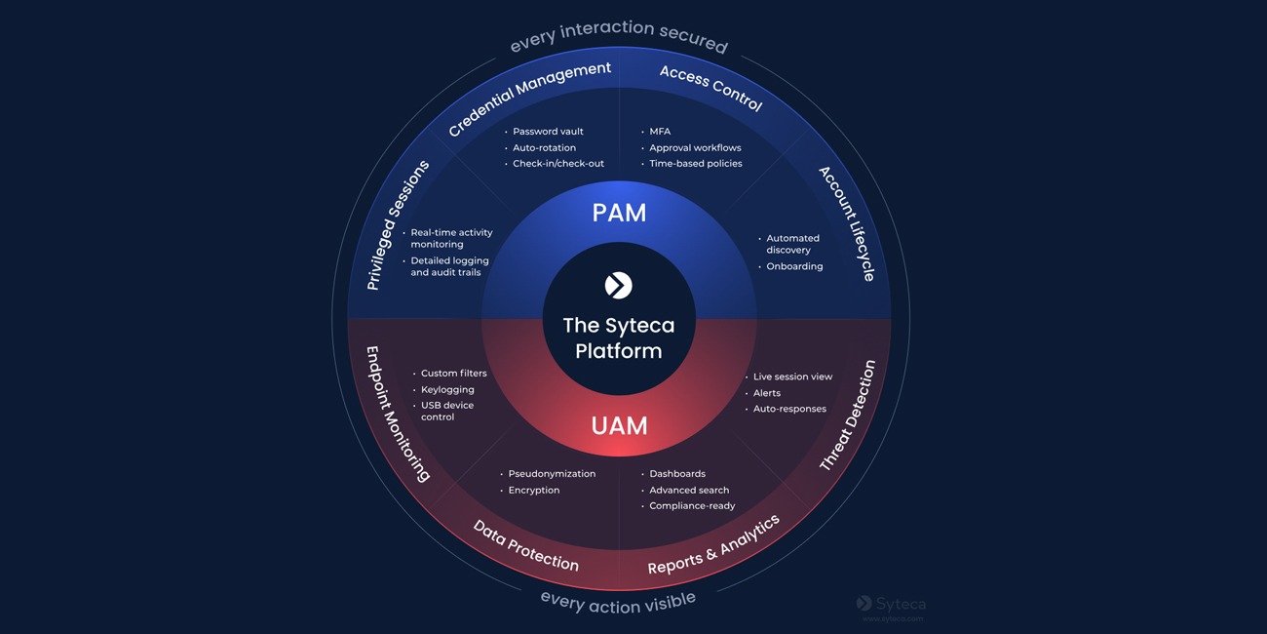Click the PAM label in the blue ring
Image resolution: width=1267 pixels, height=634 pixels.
(x=619, y=213)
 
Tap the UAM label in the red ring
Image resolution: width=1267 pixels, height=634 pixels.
(x=619, y=426)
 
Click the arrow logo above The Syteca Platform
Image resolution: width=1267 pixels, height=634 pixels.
(x=619, y=285)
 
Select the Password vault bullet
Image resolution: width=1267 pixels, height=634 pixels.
(x=548, y=132)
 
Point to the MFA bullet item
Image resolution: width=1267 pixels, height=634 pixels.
(x=660, y=132)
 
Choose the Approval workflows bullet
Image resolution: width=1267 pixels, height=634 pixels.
(x=695, y=148)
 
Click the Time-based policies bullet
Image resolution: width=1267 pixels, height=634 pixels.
(x=696, y=164)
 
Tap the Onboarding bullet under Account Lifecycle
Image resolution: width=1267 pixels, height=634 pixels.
(x=794, y=266)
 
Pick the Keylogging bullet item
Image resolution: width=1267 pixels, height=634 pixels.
(x=447, y=390)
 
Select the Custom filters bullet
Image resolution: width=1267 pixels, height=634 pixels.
(x=453, y=374)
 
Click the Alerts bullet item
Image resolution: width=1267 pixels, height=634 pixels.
(x=767, y=393)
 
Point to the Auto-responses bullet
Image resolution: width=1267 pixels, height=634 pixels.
(x=789, y=410)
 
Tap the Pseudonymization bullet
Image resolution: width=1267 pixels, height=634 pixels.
(x=552, y=474)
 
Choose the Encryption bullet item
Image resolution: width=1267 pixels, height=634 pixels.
(x=534, y=491)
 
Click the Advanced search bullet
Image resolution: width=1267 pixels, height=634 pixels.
(x=689, y=491)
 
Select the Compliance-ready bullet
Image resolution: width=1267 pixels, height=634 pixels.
(x=692, y=506)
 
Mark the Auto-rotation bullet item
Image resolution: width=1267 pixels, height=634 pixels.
(x=544, y=148)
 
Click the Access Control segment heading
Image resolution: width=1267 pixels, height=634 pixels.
(x=710, y=88)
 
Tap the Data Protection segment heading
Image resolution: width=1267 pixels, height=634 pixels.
(x=526, y=546)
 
